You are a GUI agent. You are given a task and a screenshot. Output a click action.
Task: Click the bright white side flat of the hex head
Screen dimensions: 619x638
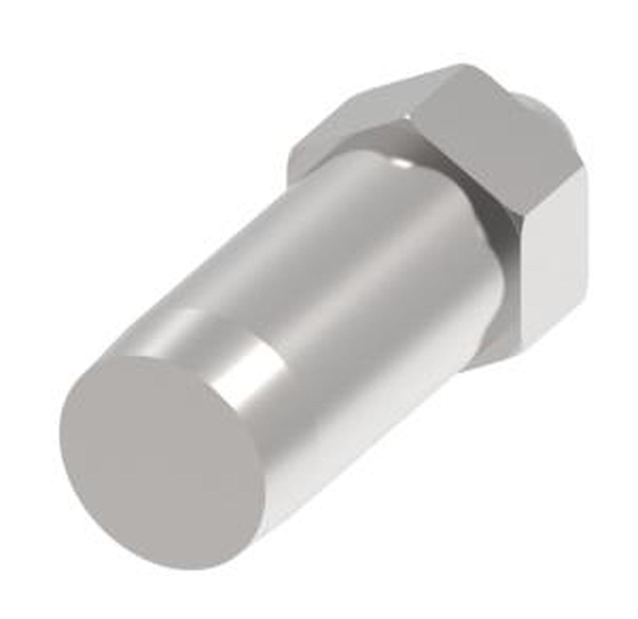[x=552, y=266]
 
